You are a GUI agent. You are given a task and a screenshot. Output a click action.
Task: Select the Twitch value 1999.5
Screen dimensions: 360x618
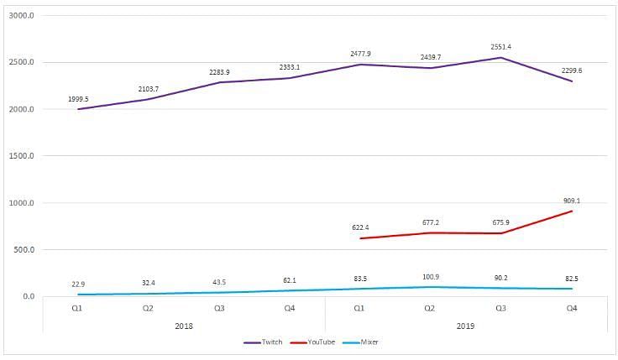coord(79,98)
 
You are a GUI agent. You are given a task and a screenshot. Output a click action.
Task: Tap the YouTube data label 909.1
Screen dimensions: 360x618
coord(573,201)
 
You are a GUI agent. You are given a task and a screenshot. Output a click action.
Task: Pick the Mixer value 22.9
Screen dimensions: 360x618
coord(79,284)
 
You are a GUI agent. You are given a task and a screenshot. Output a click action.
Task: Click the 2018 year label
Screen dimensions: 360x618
coord(184,324)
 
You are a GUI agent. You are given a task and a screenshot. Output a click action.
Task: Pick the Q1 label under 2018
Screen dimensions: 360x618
coord(78,308)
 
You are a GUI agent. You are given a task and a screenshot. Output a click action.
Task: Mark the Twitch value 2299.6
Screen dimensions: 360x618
coord(573,70)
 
